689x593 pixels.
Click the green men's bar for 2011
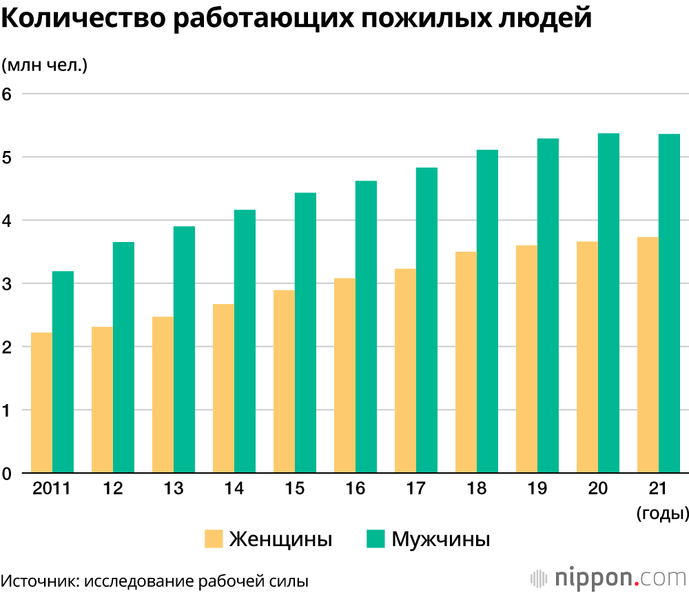click(63, 372)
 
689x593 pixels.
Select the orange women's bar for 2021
click(648, 355)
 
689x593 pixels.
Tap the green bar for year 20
click(608, 303)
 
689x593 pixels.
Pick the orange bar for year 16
click(344, 376)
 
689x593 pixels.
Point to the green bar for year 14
click(245, 341)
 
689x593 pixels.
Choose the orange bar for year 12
click(102, 400)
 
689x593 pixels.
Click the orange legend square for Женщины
click(214, 539)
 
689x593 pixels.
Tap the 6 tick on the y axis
click(8, 94)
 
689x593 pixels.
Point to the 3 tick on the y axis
click(8, 283)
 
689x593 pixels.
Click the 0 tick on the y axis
click(8, 474)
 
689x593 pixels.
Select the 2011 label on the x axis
click(52, 489)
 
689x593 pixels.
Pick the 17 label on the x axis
click(415, 489)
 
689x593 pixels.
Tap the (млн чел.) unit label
click(44, 66)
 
